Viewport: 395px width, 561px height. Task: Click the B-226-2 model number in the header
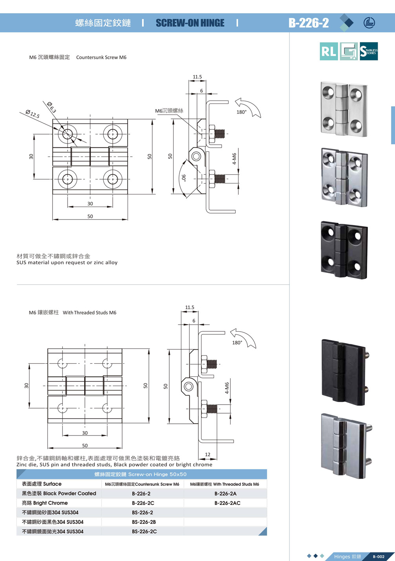point(309,23)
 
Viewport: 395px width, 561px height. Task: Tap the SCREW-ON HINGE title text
point(190,23)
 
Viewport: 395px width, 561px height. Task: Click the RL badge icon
point(329,51)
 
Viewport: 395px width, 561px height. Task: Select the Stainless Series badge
point(369,51)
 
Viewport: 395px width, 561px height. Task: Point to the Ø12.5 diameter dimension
point(33,114)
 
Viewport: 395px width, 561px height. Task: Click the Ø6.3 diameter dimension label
point(52,107)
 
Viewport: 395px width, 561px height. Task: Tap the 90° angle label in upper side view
point(184,178)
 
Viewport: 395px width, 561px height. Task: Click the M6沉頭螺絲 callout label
point(169,111)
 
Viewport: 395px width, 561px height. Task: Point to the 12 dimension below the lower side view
point(208,454)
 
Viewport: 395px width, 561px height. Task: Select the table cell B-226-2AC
point(227,503)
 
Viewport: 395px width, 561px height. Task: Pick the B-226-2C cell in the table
point(143,503)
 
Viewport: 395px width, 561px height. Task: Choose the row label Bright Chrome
point(45,503)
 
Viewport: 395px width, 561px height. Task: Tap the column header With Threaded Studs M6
point(225,484)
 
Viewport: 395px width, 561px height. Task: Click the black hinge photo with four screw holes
point(344,250)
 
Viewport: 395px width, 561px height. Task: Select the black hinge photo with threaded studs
point(345,372)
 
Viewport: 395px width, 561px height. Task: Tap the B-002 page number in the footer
point(379,557)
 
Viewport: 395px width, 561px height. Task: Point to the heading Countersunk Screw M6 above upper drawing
point(101,57)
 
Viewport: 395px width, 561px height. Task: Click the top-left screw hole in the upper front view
point(68,134)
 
